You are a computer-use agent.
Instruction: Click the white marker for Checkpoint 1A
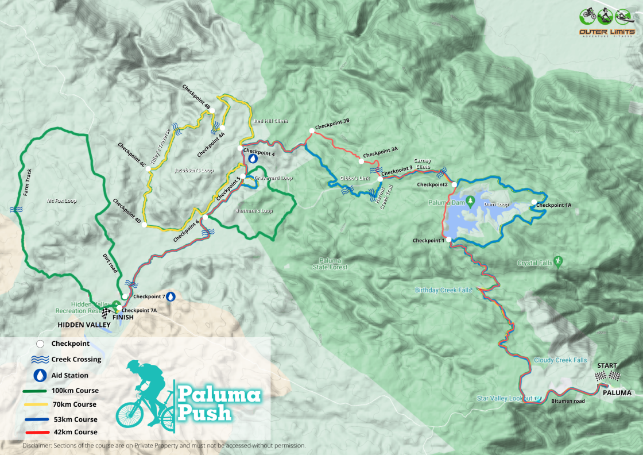click(x=533, y=202)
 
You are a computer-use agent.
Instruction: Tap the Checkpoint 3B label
click(x=332, y=125)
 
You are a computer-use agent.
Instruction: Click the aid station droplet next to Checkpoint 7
click(x=170, y=296)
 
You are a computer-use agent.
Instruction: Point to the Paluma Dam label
click(x=447, y=202)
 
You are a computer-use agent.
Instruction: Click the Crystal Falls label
click(x=534, y=263)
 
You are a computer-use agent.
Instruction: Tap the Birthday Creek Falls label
click(x=443, y=290)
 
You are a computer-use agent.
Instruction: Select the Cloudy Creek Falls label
click(x=560, y=360)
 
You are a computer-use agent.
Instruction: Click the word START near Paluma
click(x=607, y=365)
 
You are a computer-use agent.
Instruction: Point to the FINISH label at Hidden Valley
click(x=123, y=317)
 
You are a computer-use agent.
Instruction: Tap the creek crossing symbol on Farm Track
click(x=16, y=211)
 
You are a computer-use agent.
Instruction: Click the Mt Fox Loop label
click(x=61, y=201)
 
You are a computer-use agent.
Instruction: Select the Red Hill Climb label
click(x=270, y=121)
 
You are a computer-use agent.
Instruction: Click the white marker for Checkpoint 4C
click(x=148, y=169)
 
